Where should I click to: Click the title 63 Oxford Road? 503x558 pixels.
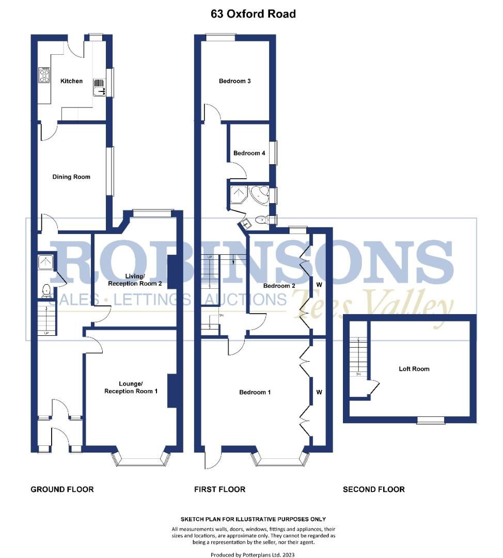pos(253,14)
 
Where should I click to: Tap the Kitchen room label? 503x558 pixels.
pos(71,81)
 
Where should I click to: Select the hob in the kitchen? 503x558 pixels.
pos(44,75)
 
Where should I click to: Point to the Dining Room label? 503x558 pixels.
pos(71,177)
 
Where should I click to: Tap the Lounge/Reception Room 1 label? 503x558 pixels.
pos(131,388)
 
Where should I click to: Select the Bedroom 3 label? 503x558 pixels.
pos(235,81)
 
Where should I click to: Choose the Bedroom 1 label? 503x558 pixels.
pos(255,393)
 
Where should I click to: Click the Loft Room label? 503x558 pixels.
pos(414,369)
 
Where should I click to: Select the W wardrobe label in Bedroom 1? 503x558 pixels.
pos(319,393)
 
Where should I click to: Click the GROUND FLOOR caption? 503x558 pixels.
pos(62,489)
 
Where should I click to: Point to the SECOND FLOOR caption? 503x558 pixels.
pos(374,489)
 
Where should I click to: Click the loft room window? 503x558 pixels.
pos(431,420)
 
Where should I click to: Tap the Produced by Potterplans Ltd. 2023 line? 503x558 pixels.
pos(253,554)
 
